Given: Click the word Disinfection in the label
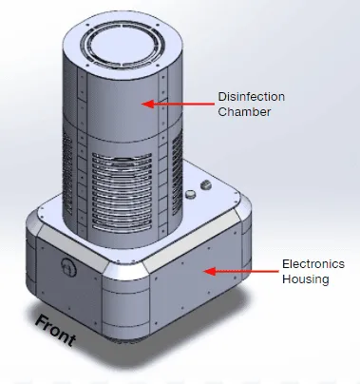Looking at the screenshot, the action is pos(252,97).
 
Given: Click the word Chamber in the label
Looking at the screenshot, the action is pos(244,112).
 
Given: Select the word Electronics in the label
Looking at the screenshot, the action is pos(313,264).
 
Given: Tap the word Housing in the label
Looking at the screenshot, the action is pos(306,279).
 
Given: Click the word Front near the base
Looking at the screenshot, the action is pos(56,331).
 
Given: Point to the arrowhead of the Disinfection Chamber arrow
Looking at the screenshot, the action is pos(147,104).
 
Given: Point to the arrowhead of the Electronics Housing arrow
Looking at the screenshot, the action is pos(210,271).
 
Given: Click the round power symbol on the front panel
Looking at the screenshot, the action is pos(68,266).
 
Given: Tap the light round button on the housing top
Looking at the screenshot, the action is pos(191,194).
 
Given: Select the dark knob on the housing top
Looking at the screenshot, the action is pos(206,184).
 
